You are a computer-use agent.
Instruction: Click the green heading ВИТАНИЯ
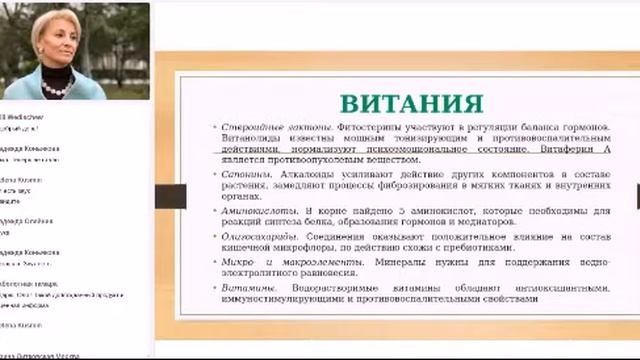click(x=411, y=104)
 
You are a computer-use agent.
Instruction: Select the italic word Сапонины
click(x=241, y=174)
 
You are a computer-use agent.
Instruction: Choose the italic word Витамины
click(x=243, y=288)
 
